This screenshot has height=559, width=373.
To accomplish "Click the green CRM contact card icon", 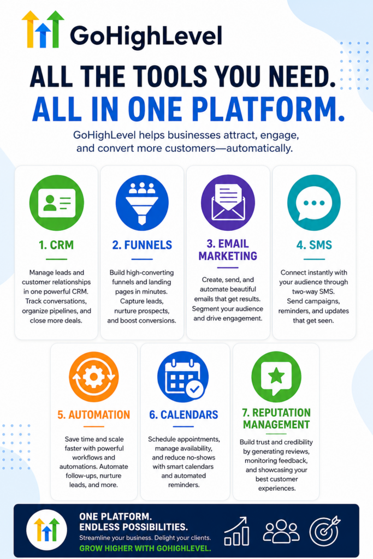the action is (x=56, y=203).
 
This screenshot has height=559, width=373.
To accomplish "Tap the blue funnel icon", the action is (x=142, y=203).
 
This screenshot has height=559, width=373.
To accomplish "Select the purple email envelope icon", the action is (x=228, y=203).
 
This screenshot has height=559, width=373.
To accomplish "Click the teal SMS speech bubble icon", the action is (x=314, y=203).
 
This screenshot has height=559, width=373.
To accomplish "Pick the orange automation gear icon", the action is (x=94, y=377).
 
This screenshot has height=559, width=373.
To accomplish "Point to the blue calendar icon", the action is (x=183, y=377).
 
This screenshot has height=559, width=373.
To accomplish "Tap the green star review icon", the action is (x=276, y=377).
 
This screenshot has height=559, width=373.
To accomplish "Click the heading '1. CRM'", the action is (x=56, y=245).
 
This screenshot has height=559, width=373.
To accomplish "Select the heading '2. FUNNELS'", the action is (x=142, y=245).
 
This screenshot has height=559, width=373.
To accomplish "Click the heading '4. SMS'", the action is (x=314, y=245).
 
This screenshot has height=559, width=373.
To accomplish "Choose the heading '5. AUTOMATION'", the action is (x=94, y=415).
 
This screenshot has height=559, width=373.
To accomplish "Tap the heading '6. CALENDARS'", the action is (x=183, y=415).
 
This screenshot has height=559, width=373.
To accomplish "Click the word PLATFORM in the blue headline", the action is (x=270, y=109).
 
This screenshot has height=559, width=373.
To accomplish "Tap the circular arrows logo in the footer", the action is (x=47, y=530).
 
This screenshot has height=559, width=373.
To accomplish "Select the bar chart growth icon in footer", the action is (x=236, y=531).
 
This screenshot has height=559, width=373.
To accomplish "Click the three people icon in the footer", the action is (x=281, y=531).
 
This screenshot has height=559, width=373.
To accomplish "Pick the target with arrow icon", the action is (x=324, y=531).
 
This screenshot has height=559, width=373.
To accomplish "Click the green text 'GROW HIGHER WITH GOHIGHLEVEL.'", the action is (x=145, y=548).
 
